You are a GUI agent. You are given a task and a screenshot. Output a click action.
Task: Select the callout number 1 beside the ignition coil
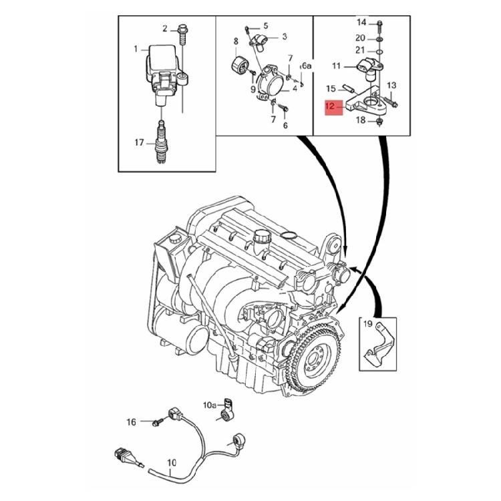[136, 49]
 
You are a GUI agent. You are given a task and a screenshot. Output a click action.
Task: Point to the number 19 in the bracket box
[367, 325]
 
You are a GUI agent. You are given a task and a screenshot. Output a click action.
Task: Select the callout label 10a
[209, 405]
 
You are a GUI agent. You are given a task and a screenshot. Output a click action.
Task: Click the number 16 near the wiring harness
[131, 422]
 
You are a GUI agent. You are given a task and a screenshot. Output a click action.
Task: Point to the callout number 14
[361, 23]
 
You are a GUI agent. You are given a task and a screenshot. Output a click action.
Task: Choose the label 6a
[306, 66]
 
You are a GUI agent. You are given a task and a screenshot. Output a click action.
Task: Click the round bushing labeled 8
[238, 66]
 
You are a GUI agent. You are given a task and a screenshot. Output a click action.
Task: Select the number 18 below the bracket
[361, 120]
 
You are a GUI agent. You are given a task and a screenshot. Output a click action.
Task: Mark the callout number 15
[331, 88]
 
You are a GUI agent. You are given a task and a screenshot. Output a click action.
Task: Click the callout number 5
[265, 25]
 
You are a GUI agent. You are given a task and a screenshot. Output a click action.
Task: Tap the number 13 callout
[391, 86]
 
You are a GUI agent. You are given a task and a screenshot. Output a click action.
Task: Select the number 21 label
[361, 50]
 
